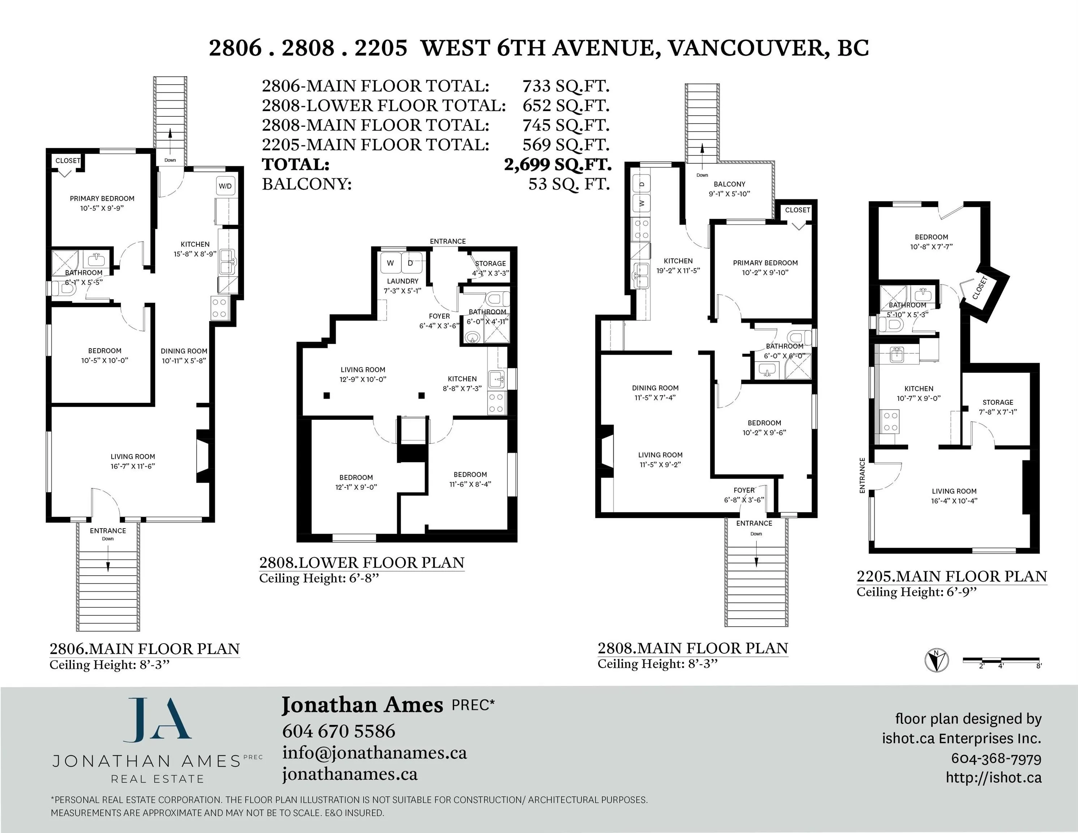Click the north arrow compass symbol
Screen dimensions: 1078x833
tap(936, 660)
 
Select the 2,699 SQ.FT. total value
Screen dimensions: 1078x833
tap(558, 165)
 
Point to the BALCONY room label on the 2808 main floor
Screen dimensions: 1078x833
tap(729, 184)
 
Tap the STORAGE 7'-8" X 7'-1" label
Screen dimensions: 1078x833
tap(998, 407)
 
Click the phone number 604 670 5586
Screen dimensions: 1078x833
tap(338, 731)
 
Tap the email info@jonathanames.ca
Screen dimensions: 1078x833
tap(375, 753)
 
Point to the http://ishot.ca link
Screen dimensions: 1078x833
tap(994, 778)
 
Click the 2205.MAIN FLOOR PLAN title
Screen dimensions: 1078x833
tap(952, 576)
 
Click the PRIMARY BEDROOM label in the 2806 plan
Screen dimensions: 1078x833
tap(102, 198)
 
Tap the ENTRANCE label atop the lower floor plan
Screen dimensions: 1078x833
tap(448, 241)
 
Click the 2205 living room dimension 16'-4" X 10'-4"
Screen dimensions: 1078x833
tap(954, 500)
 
